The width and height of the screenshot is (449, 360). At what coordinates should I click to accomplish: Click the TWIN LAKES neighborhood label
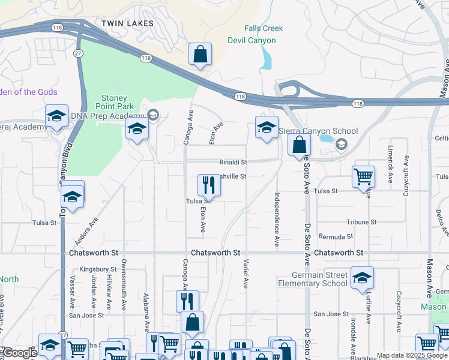pyautogui.click(x=127, y=23)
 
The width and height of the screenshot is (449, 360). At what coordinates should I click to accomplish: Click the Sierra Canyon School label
pyautogui.click(x=318, y=131)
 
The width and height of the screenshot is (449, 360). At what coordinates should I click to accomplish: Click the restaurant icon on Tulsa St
pyautogui.click(x=209, y=184)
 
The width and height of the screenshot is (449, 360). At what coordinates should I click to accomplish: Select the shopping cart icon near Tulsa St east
pyautogui.click(x=363, y=177)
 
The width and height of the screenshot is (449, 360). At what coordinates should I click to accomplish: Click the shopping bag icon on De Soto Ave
pyautogui.click(x=298, y=145)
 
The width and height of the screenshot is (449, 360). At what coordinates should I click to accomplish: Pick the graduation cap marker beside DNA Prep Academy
pyautogui.click(x=136, y=128)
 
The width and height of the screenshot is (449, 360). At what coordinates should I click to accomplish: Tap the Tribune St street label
pyautogui.click(x=361, y=222)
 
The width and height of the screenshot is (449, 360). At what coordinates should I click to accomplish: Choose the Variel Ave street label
pyautogui.click(x=246, y=273)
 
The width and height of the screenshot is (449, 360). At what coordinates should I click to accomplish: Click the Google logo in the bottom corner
pyautogui.click(x=19, y=353)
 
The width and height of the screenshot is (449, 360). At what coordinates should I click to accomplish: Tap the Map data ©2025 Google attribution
pyautogui.click(x=412, y=355)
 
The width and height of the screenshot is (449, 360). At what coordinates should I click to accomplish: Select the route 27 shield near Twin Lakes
pyautogui.click(x=78, y=53)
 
